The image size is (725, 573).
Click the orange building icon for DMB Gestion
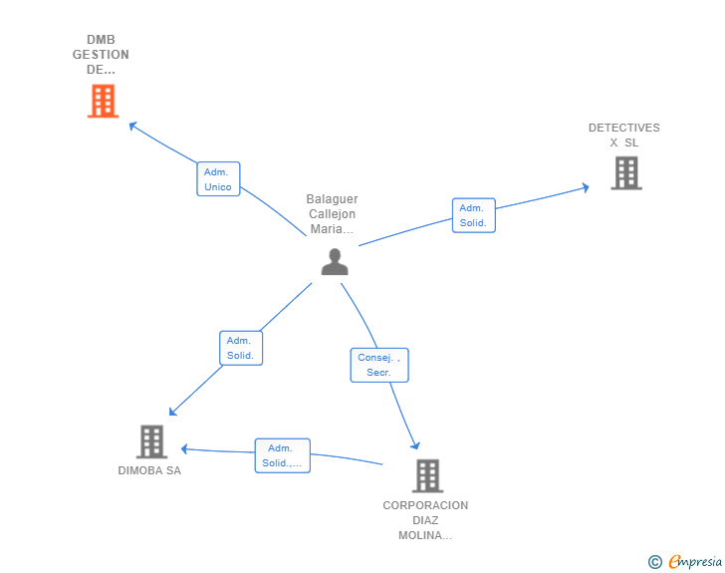(104, 101)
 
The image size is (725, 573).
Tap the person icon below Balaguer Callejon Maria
(335, 262)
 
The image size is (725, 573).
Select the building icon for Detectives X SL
(626, 173)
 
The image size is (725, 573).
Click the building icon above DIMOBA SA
(151, 441)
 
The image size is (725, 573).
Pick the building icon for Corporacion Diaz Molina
(427, 475)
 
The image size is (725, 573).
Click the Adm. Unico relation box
(218, 179)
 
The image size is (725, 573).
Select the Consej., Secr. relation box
(379, 365)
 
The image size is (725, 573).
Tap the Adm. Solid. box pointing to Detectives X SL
(473, 215)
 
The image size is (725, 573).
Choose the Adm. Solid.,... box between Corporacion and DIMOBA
(282, 455)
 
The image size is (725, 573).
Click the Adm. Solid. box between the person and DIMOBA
(241, 348)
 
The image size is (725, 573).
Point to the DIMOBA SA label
(149, 470)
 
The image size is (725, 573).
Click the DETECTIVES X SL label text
(624, 136)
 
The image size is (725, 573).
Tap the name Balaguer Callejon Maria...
(332, 214)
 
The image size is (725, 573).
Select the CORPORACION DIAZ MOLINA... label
(425, 520)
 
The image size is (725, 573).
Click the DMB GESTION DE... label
(101, 55)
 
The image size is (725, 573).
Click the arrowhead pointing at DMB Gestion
(132, 125)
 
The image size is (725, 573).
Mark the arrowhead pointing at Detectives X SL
(586, 187)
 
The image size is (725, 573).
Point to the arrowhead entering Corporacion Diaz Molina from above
(415, 445)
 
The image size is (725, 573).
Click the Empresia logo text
(695, 561)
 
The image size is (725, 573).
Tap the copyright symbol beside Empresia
(655, 562)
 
